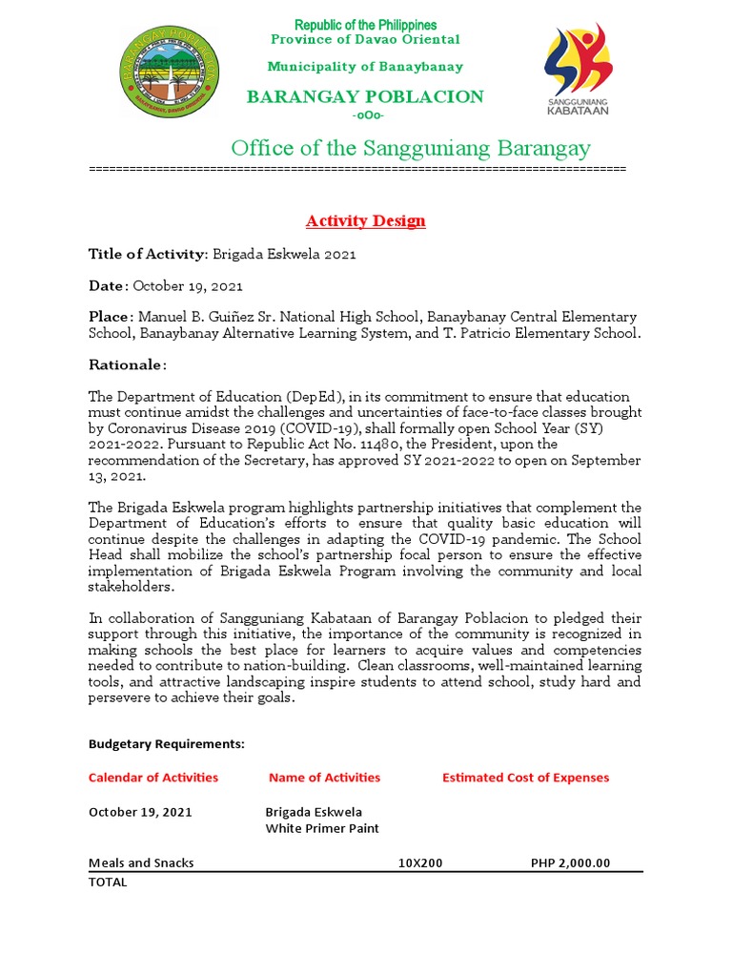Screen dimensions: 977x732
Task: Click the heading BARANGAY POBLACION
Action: click(x=365, y=96)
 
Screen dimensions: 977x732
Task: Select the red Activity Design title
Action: click(x=365, y=221)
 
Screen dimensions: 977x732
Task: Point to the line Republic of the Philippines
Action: click(x=365, y=25)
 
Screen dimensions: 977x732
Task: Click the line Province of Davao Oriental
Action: click(x=365, y=39)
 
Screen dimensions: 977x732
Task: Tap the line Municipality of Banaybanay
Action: click(x=365, y=67)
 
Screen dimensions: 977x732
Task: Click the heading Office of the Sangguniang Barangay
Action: click(x=411, y=149)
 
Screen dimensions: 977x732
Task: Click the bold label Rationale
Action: click(x=127, y=365)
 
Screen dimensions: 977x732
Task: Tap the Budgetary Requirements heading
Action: click(x=167, y=744)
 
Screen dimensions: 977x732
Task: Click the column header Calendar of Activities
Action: click(x=153, y=778)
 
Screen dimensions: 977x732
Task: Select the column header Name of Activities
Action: click(x=324, y=778)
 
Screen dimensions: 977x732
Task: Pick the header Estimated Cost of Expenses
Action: click(x=525, y=778)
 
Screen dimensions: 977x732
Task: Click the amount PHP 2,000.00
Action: click(x=570, y=863)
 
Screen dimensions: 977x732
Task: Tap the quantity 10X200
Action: click(x=420, y=863)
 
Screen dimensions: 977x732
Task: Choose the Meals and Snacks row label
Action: click(x=141, y=863)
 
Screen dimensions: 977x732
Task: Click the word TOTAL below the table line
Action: click(x=108, y=883)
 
